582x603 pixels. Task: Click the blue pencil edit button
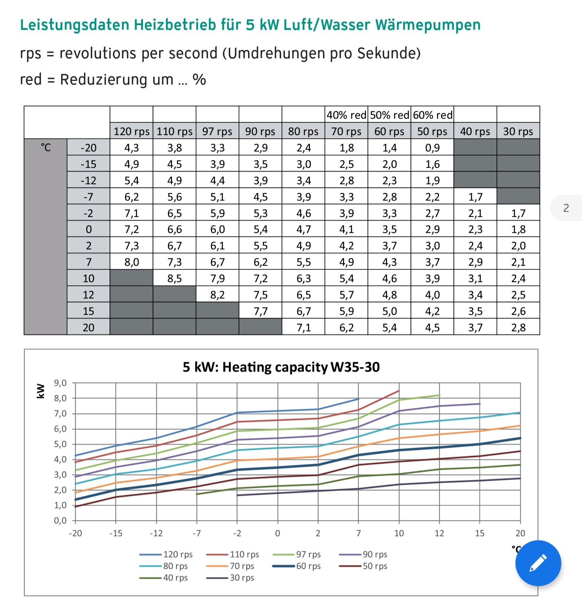[538, 563]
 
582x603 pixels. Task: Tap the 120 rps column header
[131, 131]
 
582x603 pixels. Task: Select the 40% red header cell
[346, 115]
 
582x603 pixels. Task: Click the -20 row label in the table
[88, 148]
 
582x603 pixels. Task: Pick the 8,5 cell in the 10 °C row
[175, 278]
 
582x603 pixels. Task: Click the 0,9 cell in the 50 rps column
[432, 148]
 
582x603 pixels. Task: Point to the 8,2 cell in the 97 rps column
[218, 295]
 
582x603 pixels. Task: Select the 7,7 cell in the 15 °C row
[260, 311]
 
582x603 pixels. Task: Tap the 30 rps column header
[518, 131]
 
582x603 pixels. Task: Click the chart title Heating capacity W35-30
[281, 367]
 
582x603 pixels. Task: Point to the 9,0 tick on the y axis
[60, 383]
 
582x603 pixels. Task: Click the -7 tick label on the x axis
[197, 533]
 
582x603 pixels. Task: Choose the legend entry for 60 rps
[308, 566]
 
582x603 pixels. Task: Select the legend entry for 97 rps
[308, 554]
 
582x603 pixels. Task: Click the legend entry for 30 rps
[242, 578]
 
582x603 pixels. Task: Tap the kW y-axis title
[41, 391]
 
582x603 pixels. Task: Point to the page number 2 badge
[566, 208]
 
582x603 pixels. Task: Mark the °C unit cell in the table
[46, 148]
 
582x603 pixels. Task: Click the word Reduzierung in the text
[116, 79]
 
